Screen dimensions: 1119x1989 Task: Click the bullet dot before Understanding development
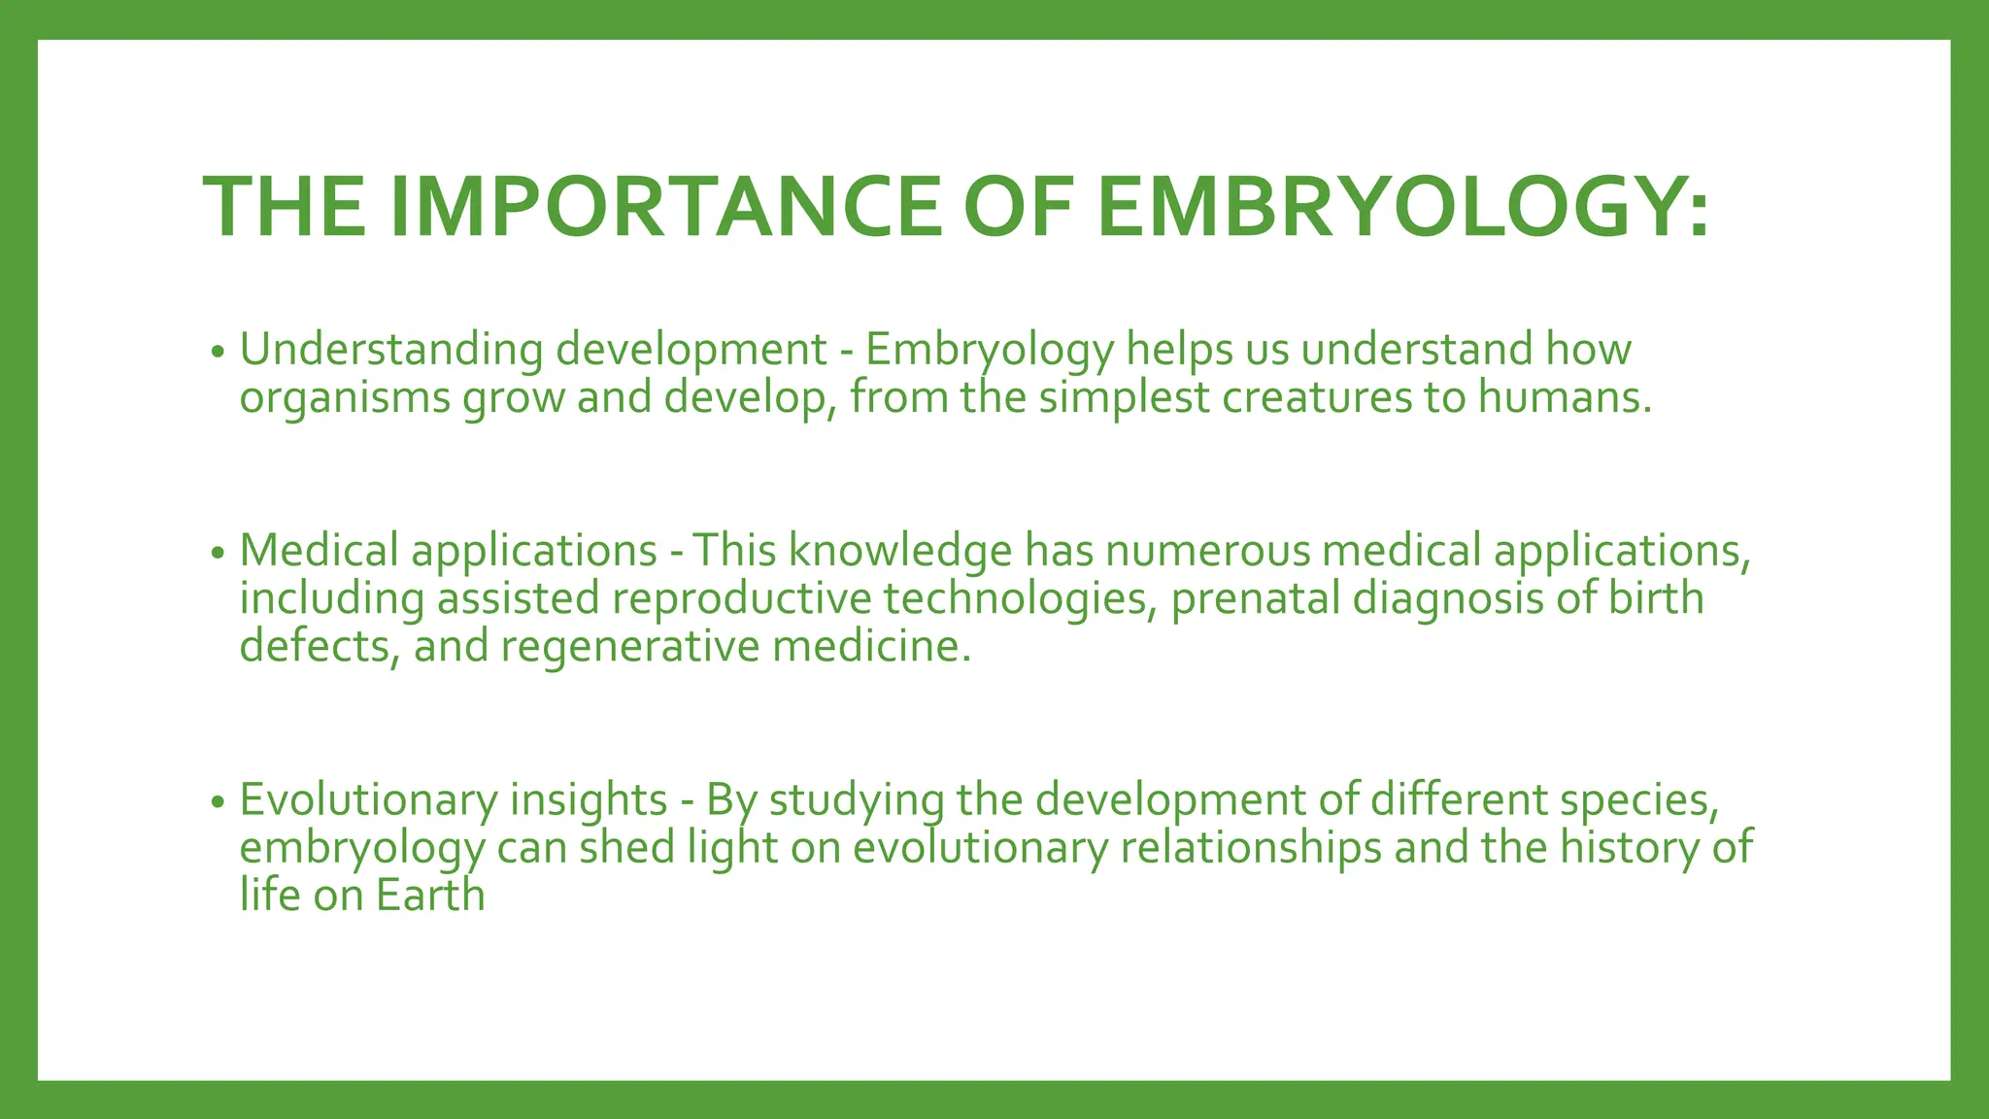click(x=218, y=352)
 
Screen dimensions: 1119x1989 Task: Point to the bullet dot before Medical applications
click(x=218, y=553)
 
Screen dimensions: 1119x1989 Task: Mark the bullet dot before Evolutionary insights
click(x=218, y=802)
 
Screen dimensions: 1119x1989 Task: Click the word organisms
click(x=345, y=399)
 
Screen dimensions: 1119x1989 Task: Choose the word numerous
click(x=1207, y=551)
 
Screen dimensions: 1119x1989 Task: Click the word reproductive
click(x=742, y=598)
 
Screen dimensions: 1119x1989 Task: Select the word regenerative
click(x=629, y=647)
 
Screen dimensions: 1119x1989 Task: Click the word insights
click(x=589, y=799)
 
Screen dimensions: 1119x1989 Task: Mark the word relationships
click(x=1251, y=848)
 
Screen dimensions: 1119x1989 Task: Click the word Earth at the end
click(x=430, y=896)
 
